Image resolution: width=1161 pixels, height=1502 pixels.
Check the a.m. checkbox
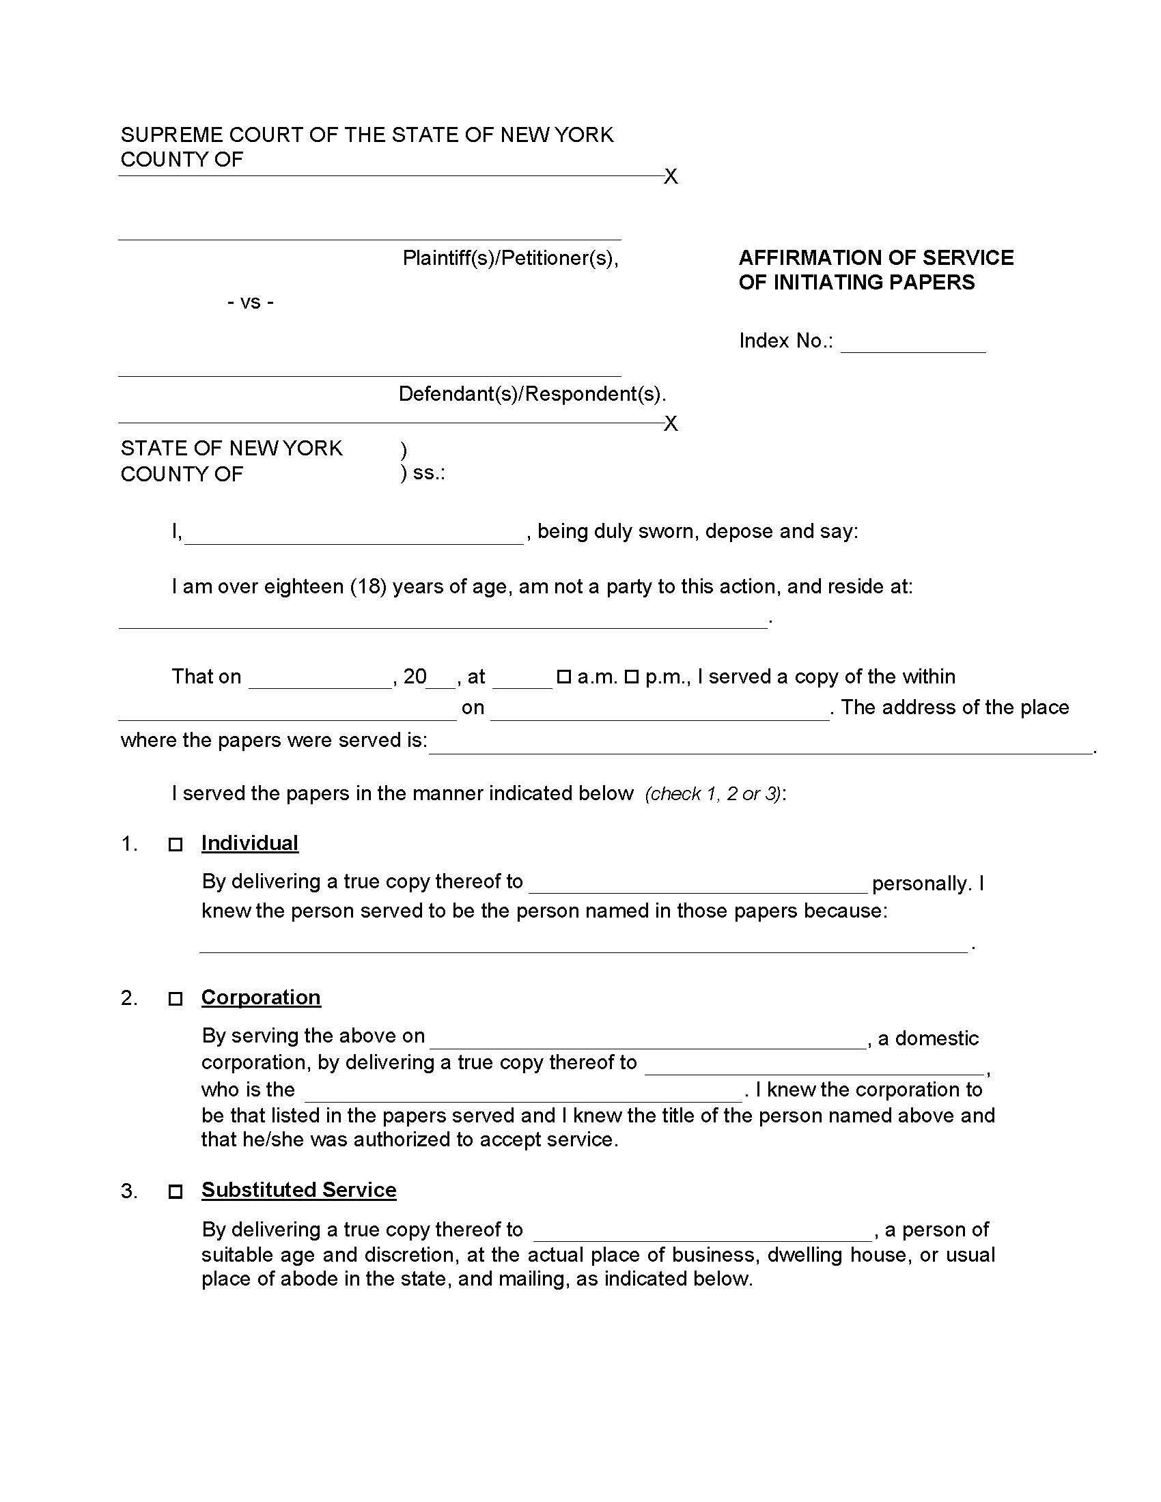(x=564, y=677)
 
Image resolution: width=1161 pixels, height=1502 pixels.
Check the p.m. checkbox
(x=632, y=677)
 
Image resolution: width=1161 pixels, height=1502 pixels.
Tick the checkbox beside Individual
(x=176, y=845)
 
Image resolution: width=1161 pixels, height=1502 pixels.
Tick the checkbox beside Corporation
(x=176, y=999)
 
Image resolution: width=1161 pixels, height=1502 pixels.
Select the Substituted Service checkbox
(x=176, y=1191)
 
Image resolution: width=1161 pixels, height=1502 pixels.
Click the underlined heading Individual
(x=250, y=843)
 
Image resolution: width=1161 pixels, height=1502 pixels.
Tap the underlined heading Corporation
(x=261, y=997)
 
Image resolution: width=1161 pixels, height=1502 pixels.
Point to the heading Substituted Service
(x=298, y=1190)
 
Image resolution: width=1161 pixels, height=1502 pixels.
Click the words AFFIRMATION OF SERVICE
(x=876, y=258)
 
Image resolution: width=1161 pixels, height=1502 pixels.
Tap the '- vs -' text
(x=251, y=302)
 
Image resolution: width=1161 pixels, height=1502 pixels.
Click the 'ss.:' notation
(x=428, y=473)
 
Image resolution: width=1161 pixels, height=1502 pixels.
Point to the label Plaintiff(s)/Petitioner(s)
(x=510, y=258)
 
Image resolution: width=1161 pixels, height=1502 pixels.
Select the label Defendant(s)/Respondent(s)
(x=531, y=394)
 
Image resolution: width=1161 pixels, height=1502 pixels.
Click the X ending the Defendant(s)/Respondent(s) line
(x=671, y=424)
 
